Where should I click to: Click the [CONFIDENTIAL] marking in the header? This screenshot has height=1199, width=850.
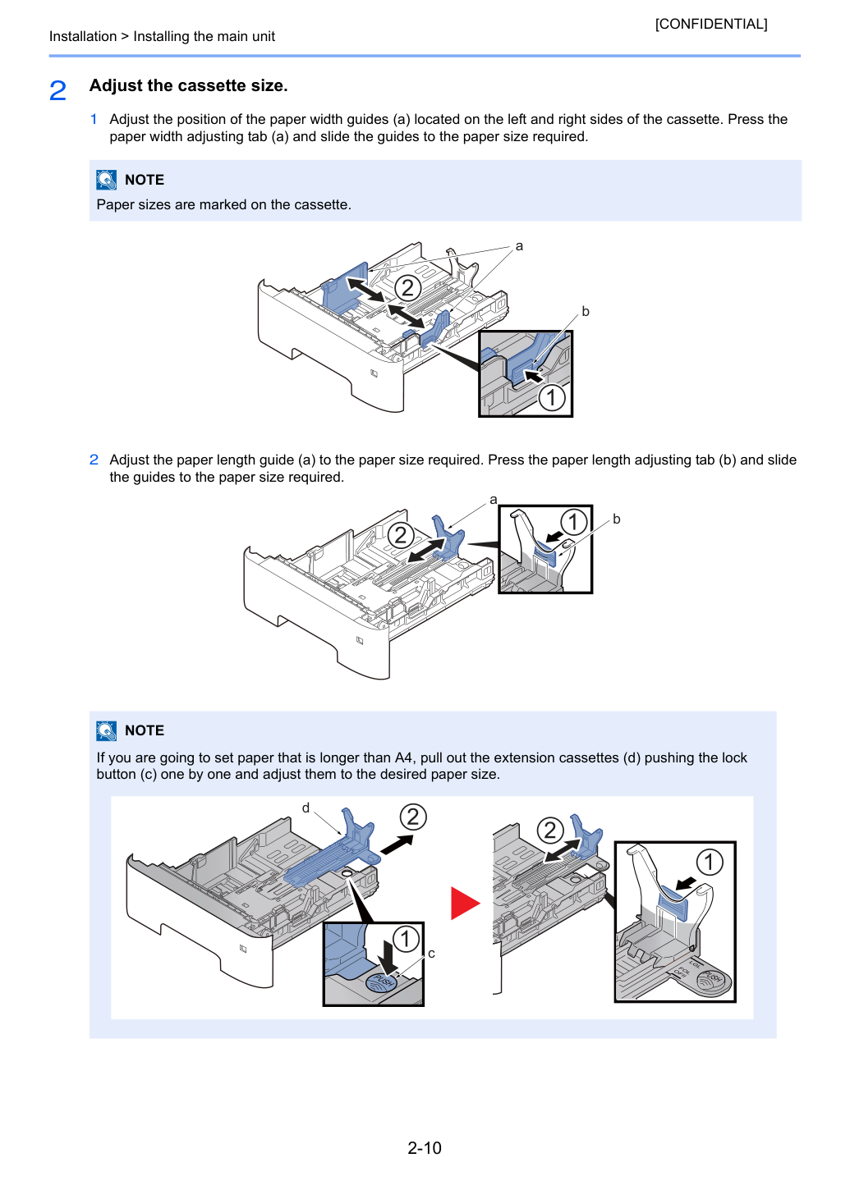point(710,24)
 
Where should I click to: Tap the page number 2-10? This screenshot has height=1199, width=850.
point(425,1147)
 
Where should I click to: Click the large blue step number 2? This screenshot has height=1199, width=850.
point(57,90)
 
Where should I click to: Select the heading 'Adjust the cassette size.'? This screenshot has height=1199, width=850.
point(189,85)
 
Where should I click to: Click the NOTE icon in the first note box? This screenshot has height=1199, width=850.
point(107,180)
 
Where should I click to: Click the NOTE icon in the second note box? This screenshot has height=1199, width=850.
point(107,730)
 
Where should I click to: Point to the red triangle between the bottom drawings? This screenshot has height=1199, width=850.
point(465,903)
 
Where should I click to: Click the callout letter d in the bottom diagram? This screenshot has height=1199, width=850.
point(306,808)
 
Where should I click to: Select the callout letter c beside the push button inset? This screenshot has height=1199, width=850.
point(431,954)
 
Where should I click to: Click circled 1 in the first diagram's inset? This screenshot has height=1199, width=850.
point(552,398)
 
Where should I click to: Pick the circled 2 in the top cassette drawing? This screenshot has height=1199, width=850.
point(407,288)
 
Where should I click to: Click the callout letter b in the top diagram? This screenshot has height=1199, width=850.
point(586,311)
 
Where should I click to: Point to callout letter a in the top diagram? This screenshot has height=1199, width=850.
point(519,246)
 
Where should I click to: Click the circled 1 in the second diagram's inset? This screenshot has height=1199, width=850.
point(573,522)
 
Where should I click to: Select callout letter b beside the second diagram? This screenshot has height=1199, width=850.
point(617,519)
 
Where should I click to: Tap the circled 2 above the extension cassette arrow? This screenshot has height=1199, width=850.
point(413,817)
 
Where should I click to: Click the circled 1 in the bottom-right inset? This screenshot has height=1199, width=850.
point(710,862)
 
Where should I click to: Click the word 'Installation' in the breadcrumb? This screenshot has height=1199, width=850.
point(83,36)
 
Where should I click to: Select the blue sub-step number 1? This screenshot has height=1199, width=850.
point(94,119)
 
